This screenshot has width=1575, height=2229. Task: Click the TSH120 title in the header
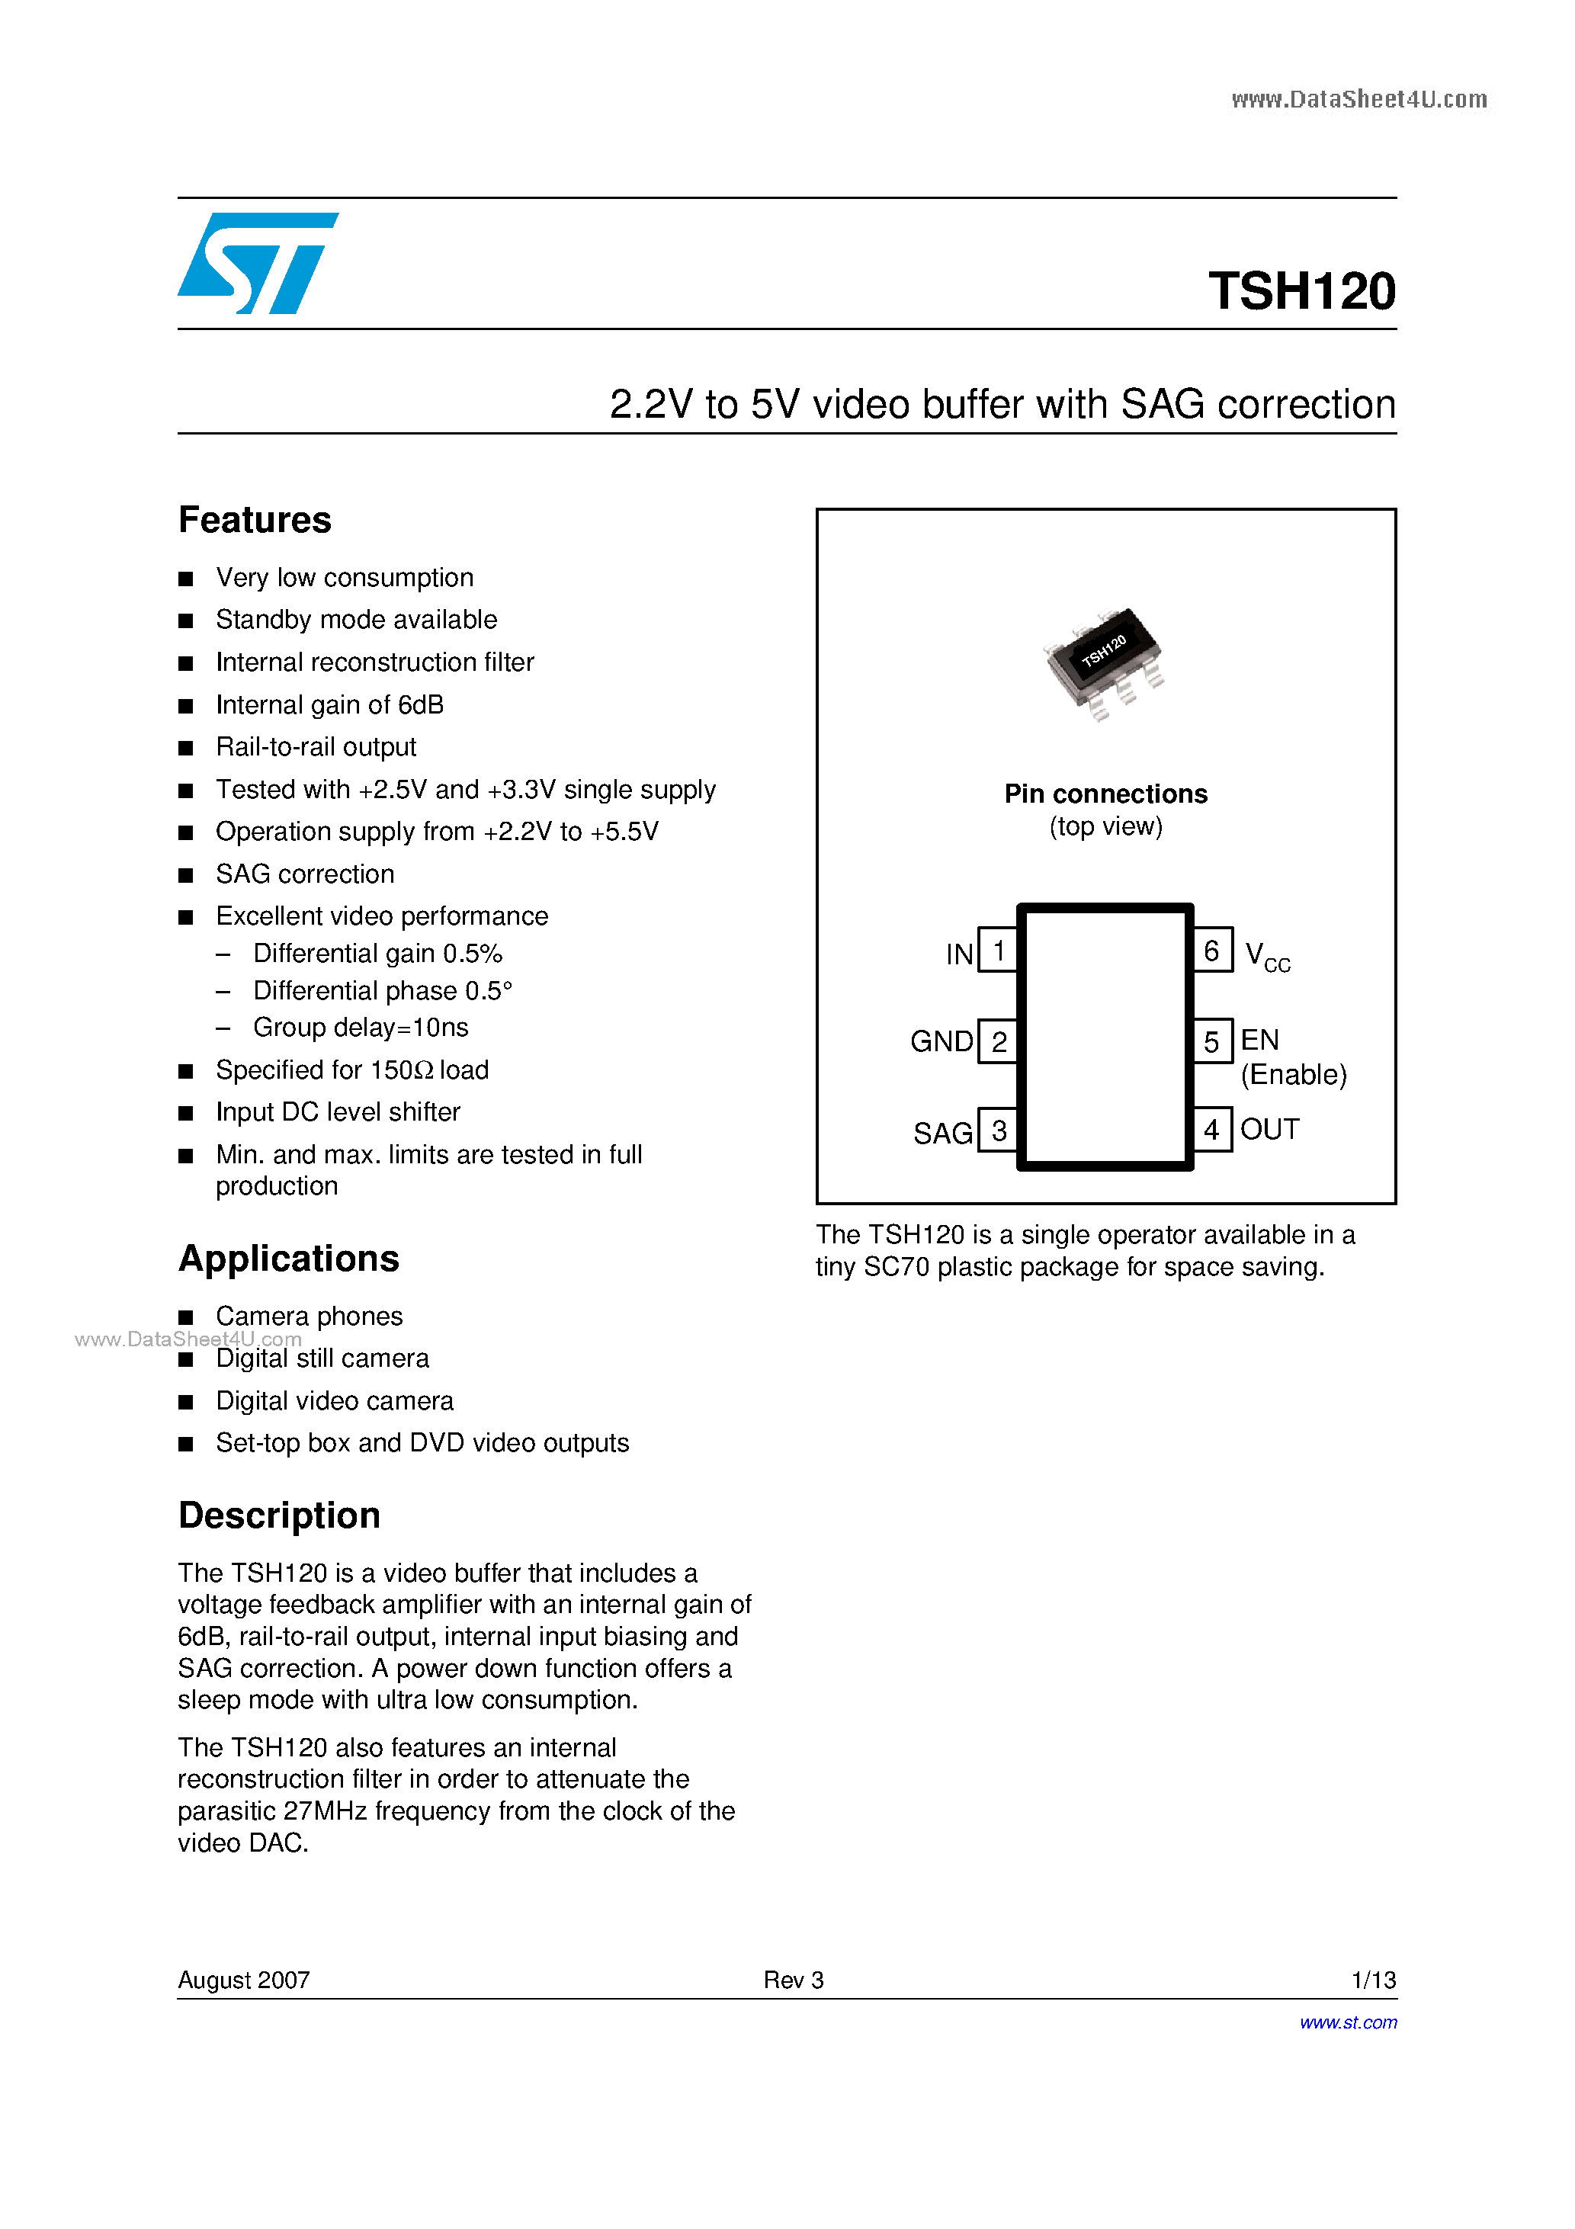1301,291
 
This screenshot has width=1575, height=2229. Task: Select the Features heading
255,521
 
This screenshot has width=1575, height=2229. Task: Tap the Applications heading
288,1258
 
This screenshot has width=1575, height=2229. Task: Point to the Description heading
279,1515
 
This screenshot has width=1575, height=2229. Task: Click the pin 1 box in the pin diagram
997,951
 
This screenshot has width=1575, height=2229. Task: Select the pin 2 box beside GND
997,1041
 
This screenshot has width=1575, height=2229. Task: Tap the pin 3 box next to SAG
997,1130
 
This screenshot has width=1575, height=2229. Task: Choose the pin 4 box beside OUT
1212,1130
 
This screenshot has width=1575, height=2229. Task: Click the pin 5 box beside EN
1212,1041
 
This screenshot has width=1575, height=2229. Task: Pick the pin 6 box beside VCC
1212,951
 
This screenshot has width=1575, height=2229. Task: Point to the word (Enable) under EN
1294,1075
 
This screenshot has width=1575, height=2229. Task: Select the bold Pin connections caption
1105,794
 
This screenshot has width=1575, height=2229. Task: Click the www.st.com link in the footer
1348,2022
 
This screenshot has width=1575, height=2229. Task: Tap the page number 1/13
1373,1980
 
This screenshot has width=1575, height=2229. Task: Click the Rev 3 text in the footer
794,1980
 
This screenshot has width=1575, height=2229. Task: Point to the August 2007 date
244,1980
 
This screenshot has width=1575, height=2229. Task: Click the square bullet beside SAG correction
185,876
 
